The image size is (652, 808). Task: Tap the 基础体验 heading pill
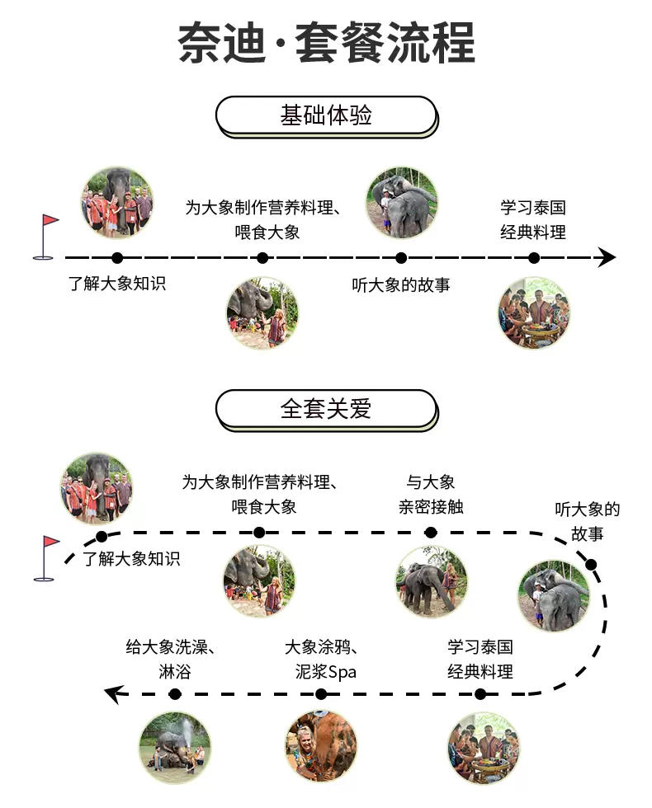(326, 115)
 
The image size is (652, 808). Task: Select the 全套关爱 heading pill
(326, 409)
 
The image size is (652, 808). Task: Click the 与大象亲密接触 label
(431, 495)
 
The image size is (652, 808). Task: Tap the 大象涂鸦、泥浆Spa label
(321, 660)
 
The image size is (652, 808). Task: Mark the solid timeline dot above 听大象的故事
(401, 258)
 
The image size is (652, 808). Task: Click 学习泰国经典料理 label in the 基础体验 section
(533, 220)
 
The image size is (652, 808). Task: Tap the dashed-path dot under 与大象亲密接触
(431, 533)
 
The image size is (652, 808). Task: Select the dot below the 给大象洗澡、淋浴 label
(175, 694)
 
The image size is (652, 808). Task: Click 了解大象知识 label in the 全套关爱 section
(131, 559)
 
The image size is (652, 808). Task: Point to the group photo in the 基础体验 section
(117, 202)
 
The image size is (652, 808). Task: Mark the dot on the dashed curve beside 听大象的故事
(591, 565)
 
